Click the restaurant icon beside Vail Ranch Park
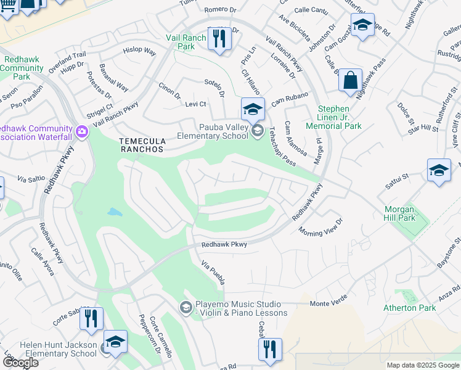pyautogui.click(x=219, y=38)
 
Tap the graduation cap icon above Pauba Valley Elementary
pyautogui.click(x=253, y=109)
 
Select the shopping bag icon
pyautogui.click(x=350, y=81)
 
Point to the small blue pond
pyautogui.click(x=115, y=212)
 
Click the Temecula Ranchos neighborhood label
pyautogui.click(x=142, y=145)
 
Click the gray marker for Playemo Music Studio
pyautogui.click(x=186, y=307)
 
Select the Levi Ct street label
pyautogui.click(x=195, y=104)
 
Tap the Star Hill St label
pyautogui.click(x=422, y=128)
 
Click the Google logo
pyautogui.click(x=20, y=363)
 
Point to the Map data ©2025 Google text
pyautogui.click(x=422, y=365)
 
